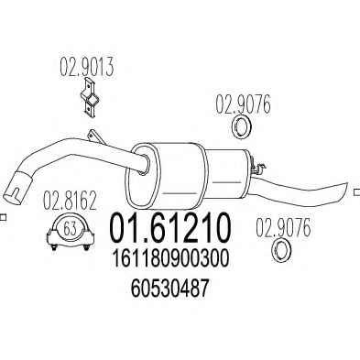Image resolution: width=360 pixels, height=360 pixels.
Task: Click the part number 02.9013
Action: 86,68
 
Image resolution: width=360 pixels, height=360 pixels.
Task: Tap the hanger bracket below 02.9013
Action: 90,98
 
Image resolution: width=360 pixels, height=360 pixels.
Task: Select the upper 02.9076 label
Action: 244,104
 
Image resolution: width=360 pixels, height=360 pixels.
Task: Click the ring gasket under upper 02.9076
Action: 241,126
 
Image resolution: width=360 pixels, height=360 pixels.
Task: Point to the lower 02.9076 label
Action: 283,227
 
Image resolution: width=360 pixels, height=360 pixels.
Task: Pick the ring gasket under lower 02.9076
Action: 281,251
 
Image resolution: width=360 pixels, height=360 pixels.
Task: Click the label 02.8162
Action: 70,201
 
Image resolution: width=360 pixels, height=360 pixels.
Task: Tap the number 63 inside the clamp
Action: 71,229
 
